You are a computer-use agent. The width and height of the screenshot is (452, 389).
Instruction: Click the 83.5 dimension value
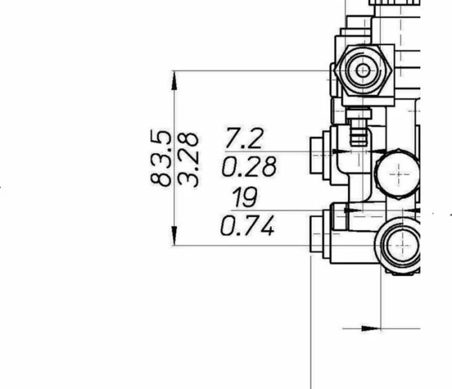click(x=161, y=158)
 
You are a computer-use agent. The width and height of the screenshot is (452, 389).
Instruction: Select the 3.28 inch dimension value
click(x=188, y=160)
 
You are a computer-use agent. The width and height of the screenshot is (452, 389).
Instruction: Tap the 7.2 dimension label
click(x=245, y=138)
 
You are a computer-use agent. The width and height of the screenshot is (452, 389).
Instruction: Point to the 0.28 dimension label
click(x=249, y=166)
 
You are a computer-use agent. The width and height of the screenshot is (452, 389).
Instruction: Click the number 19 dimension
click(x=245, y=197)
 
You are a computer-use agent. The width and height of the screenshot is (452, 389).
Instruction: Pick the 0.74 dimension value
click(x=247, y=226)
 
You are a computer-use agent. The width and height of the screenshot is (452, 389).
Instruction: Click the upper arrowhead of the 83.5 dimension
click(x=174, y=81)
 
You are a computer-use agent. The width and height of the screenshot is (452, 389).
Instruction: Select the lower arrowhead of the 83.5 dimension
click(x=174, y=236)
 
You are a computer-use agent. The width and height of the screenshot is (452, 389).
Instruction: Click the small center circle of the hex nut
click(x=363, y=70)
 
